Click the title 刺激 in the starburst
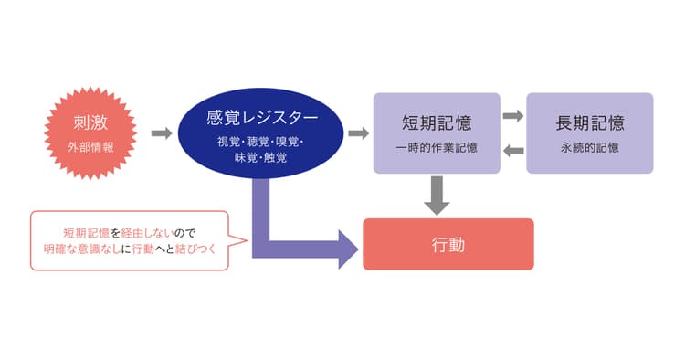tap(90, 122)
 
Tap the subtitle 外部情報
tap(90, 147)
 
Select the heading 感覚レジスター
tap(262, 118)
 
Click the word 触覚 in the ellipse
tap(275, 157)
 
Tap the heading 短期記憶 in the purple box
tap(437, 122)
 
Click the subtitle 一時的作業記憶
tap(437, 148)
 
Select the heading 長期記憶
tap(590, 122)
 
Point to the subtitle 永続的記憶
tap(590, 148)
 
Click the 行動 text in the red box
tap(448, 245)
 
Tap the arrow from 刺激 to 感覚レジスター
tap(162, 133)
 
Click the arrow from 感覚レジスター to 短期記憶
tap(359, 133)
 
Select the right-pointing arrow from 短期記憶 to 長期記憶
tap(513, 116)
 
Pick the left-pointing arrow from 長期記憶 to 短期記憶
tap(513, 151)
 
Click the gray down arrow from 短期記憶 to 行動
tap(437, 196)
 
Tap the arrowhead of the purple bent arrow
tap(349, 249)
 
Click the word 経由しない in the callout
tap(147, 232)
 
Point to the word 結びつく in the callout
tap(195, 249)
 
